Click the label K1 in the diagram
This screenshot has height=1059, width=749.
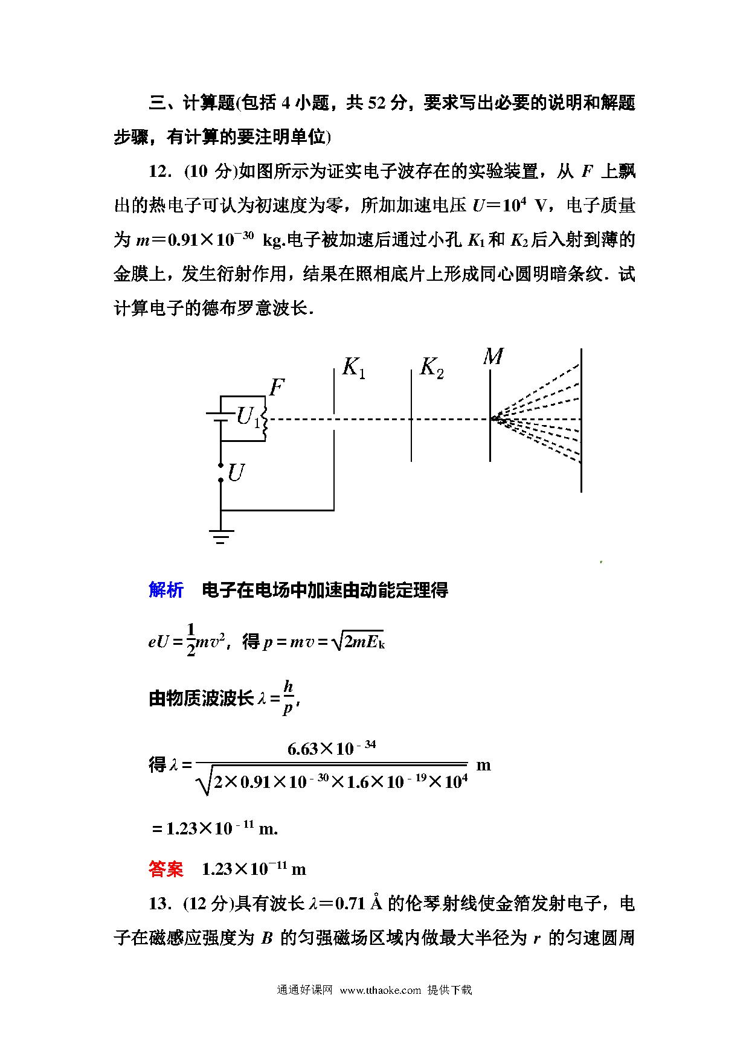coord(353,368)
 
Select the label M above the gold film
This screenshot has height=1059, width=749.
coord(493,357)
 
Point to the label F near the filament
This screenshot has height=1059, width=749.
coord(276,387)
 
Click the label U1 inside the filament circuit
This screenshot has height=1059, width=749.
coord(247,417)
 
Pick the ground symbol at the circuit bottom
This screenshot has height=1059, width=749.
coord(220,536)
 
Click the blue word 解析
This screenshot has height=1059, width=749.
coord(166,590)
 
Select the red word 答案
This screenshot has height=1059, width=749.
coord(166,869)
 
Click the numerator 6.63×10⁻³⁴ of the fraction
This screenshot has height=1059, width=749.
coord(331,749)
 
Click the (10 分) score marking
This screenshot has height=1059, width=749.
coord(208,171)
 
